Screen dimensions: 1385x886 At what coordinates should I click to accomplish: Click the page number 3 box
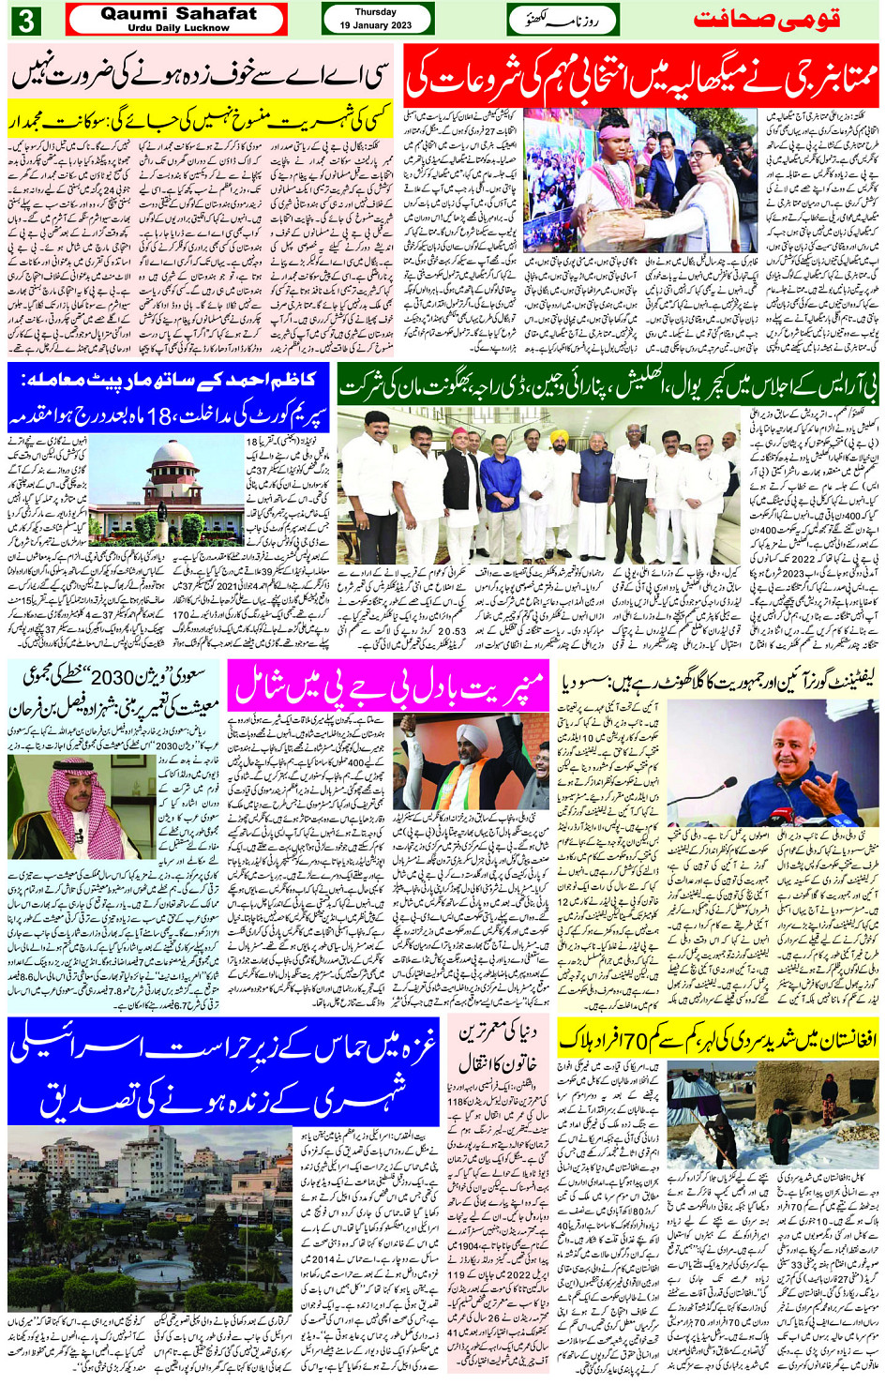click(x=24, y=20)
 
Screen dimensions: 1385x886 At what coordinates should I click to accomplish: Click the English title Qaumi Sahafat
click(x=178, y=14)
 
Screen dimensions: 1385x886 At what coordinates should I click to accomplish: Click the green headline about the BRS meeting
click(x=608, y=385)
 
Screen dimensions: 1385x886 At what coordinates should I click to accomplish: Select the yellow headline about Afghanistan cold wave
click(x=717, y=1038)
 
